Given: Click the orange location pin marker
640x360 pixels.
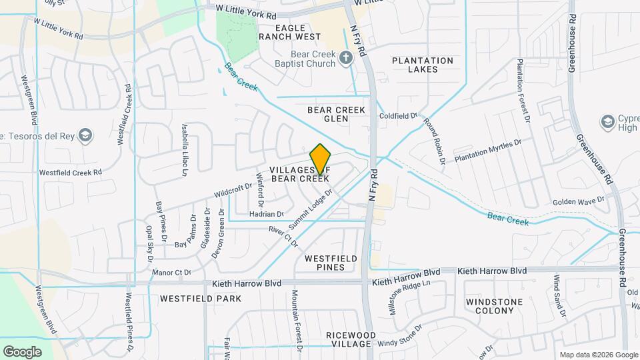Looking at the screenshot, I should click(321, 159).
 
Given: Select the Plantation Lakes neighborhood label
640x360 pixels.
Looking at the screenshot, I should click(423, 65).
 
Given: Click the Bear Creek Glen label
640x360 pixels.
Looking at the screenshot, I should click(337, 113).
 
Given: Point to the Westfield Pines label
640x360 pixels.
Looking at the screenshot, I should click(331, 263).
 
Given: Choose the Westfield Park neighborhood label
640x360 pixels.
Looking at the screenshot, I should click(201, 299).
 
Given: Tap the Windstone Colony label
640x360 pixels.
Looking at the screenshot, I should click(494, 306).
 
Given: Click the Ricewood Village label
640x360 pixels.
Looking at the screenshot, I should click(348, 339).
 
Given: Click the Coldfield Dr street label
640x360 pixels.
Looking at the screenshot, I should click(398, 116).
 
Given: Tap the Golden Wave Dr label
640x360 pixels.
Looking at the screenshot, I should click(578, 200).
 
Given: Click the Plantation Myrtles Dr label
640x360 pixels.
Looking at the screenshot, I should click(487, 151).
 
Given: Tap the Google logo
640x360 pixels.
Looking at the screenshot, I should click(22, 351).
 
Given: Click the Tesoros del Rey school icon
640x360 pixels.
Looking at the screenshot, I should click(84, 136).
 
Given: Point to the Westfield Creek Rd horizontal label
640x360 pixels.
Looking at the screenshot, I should click(70, 172).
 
